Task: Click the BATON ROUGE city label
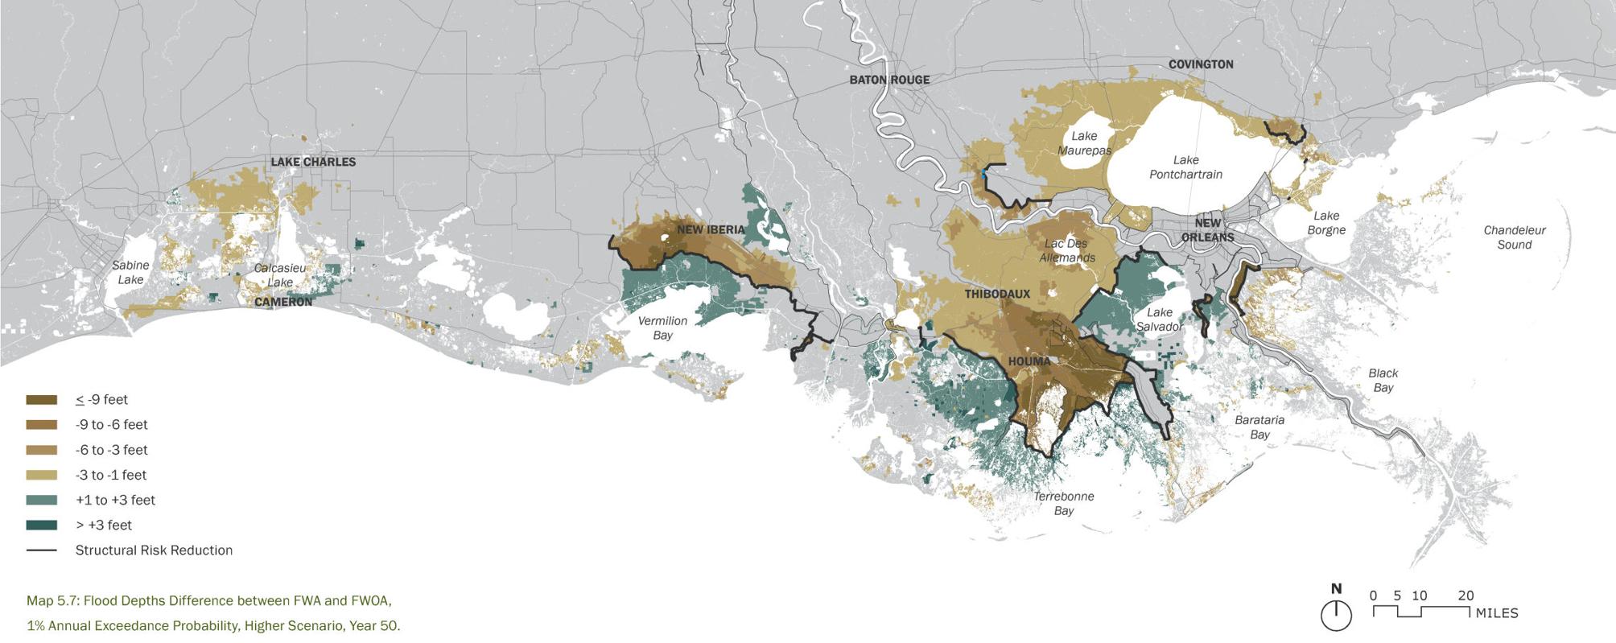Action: (889, 80)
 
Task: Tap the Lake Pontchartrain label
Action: (1185, 167)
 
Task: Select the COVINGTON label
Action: (1200, 64)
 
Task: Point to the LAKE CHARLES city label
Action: (313, 162)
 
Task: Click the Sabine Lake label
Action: (130, 272)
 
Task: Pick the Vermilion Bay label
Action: (662, 328)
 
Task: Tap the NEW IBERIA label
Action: (711, 229)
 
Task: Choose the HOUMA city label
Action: (1029, 361)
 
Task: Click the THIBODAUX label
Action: (997, 294)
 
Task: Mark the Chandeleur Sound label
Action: (1515, 237)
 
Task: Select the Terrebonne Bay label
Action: (1063, 503)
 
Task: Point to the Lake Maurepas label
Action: (1084, 143)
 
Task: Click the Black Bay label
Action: (1383, 380)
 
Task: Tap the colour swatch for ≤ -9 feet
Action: (42, 400)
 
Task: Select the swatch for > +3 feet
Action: (42, 526)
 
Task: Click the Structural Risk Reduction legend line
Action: (42, 550)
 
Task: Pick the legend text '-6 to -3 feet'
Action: (111, 450)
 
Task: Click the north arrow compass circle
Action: (1336, 616)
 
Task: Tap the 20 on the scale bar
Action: (1466, 596)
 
